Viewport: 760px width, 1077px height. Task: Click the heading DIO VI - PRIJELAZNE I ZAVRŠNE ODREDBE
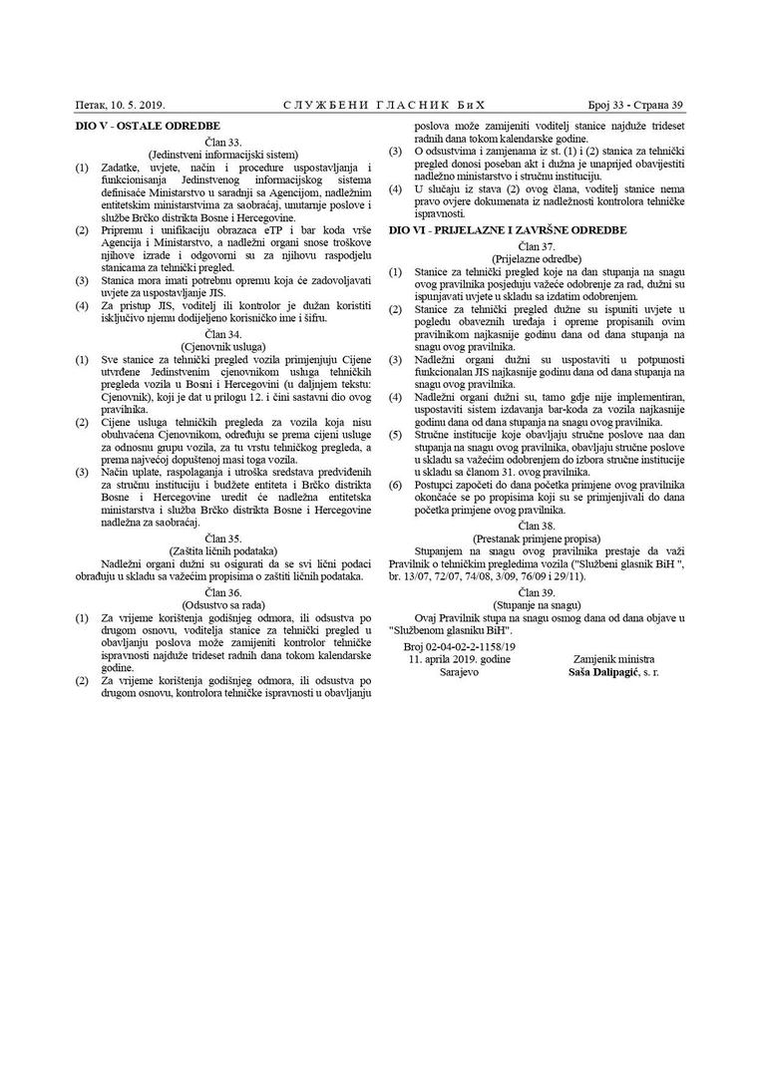point(508,229)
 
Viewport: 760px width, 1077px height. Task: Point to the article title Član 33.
point(221,143)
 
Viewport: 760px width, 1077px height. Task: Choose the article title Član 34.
point(221,333)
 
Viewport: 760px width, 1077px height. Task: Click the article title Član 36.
point(221,591)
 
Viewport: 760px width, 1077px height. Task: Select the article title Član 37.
point(536,244)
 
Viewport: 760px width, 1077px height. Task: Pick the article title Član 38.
point(536,524)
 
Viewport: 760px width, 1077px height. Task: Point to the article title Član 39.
point(536,592)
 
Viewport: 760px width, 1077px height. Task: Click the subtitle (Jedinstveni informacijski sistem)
point(221,155)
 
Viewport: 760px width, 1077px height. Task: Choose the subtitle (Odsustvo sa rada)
point(221,604)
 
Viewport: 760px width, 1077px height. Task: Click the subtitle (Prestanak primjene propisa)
point(536,537)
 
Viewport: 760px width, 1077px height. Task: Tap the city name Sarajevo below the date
point(459,673)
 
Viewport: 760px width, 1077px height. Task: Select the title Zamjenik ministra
point(614,660)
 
